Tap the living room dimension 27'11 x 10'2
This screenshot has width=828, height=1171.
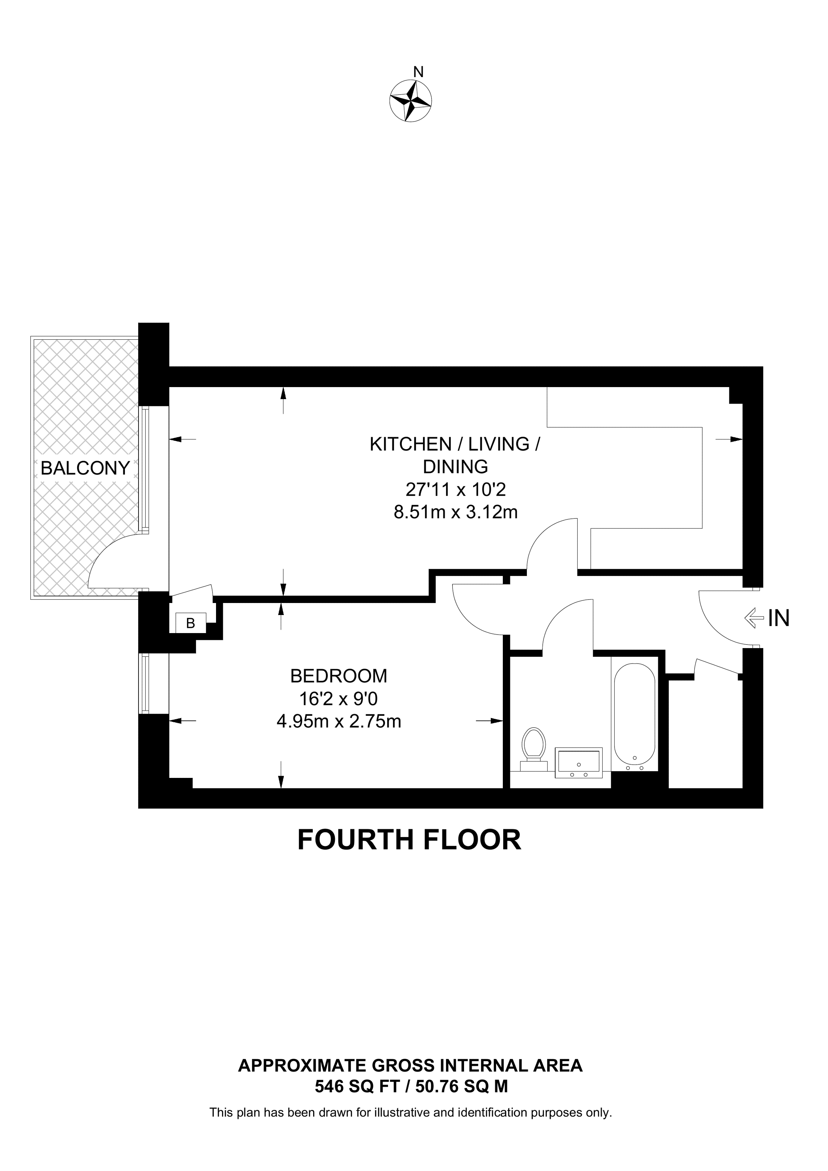[x=455, y=490]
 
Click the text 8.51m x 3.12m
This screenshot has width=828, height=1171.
[x=455, y=512]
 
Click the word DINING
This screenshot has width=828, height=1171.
[x=455, y=467]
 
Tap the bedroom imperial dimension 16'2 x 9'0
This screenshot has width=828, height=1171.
[x=339, y=698]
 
